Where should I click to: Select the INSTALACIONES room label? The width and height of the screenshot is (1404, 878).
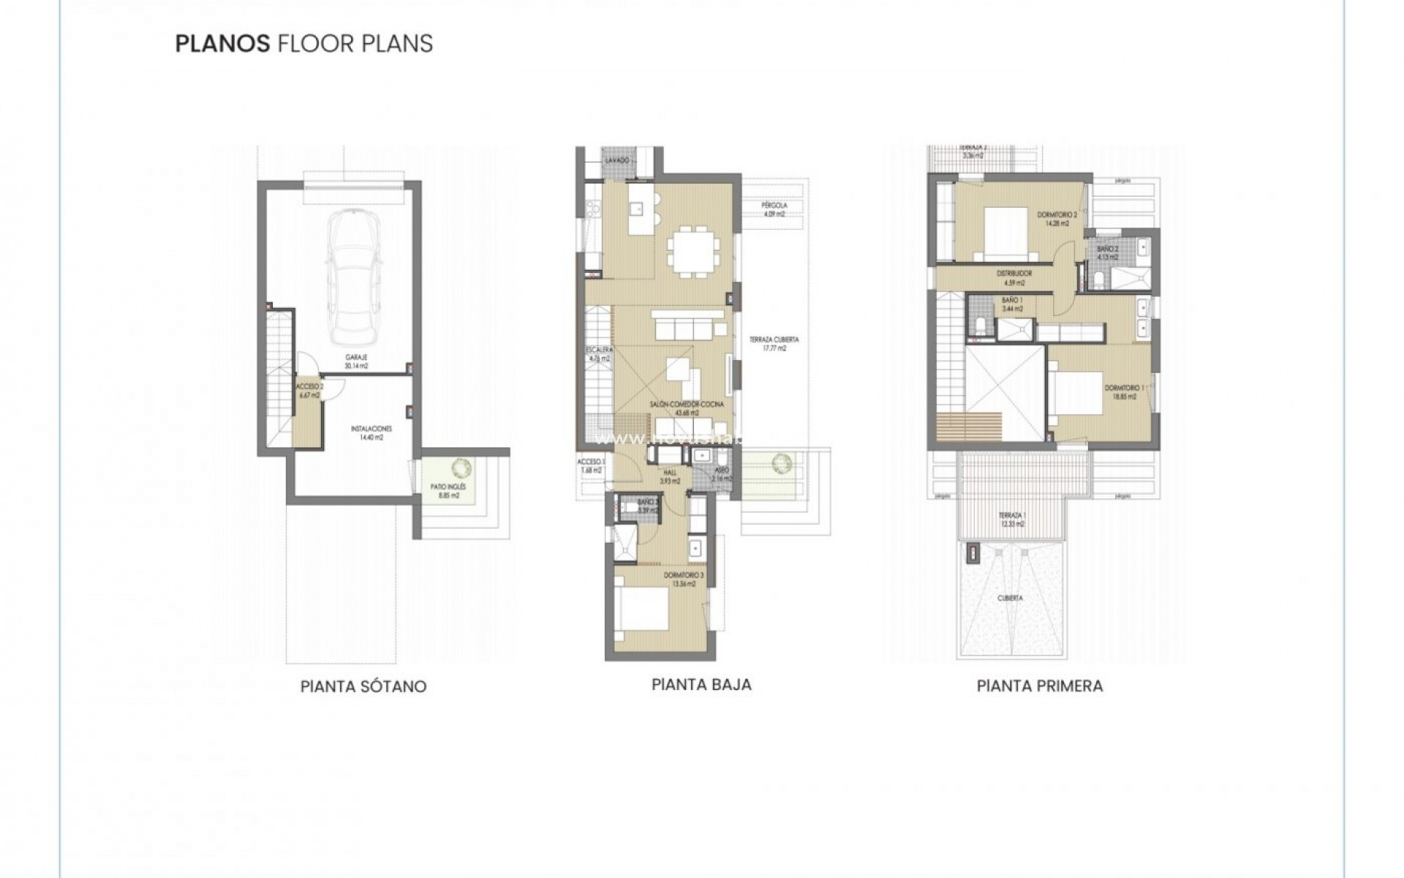pyautogui.click(x=371, y=432)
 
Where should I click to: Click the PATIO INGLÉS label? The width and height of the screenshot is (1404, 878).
pyautogui.click(x=453, y=490)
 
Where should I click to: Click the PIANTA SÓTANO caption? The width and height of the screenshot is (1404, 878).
pyautogui.click(x=363, y=687)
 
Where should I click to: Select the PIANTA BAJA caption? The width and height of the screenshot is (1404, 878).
pyautogui.click(x=701, y=685)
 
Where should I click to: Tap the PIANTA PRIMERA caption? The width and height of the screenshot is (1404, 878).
pyautogui.click(x=1039, y=686)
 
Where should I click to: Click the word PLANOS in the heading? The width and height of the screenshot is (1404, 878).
pyautogui.click(x=222, y=44)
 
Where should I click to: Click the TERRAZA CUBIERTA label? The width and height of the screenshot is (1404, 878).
pyautogui.click(x=774, y=344)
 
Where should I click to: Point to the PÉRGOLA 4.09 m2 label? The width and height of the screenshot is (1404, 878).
pyautogui.click(x=773, y=210)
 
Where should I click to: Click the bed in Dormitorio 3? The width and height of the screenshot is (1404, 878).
pyautogui.click(x=642, y=612)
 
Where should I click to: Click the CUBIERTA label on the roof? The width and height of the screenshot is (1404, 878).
pyautogui.click(x=1011, y=598)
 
